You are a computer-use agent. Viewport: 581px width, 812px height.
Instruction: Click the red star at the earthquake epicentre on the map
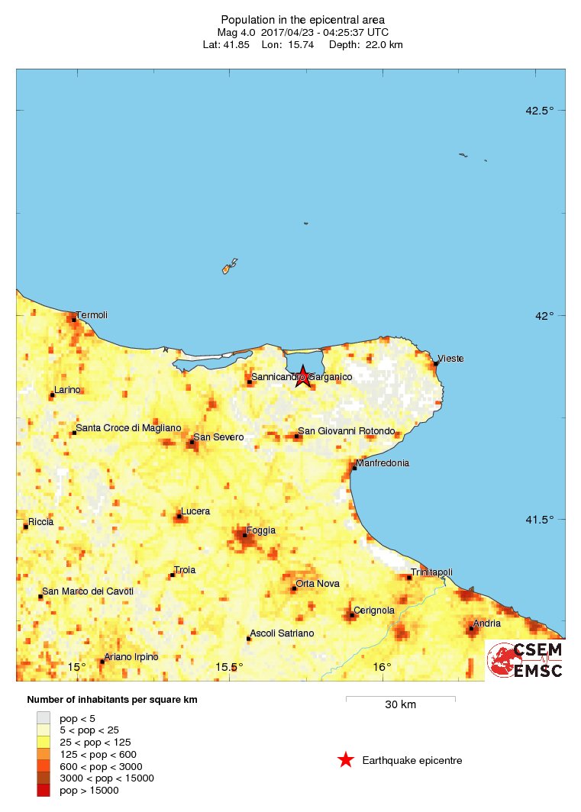click(303, 375)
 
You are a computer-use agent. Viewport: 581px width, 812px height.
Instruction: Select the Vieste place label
click(450, 359)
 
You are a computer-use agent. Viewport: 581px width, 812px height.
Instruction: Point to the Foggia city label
click(260, 530)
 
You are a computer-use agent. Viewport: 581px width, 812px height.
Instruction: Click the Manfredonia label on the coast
click(384, 463)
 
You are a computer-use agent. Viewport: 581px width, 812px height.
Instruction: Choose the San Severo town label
click(218, 437)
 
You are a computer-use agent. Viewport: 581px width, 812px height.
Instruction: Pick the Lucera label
click(195, 511)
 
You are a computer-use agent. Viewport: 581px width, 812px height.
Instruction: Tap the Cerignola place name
click(374, 610)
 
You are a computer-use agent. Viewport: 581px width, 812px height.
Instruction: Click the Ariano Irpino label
click(131, 657)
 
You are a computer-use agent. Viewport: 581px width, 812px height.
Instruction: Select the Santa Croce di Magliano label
click(128, 428)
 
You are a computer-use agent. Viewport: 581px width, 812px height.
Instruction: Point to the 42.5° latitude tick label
click(539, 111)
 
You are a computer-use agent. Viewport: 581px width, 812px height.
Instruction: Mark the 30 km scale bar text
click(400, 705)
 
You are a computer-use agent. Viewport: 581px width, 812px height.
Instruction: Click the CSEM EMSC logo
click(526, 659)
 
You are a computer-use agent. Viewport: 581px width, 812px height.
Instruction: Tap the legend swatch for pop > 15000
click(44, 791)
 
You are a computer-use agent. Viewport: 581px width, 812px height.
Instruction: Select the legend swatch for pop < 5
click(44, 717)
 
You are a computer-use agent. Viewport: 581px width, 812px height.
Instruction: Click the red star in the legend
click(346, 759)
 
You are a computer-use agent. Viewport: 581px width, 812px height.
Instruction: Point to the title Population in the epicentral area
click(302, 19)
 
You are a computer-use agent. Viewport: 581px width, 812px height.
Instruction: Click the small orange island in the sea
click(226, 269)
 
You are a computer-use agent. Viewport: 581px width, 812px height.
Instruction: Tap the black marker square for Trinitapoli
click(409, 578)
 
